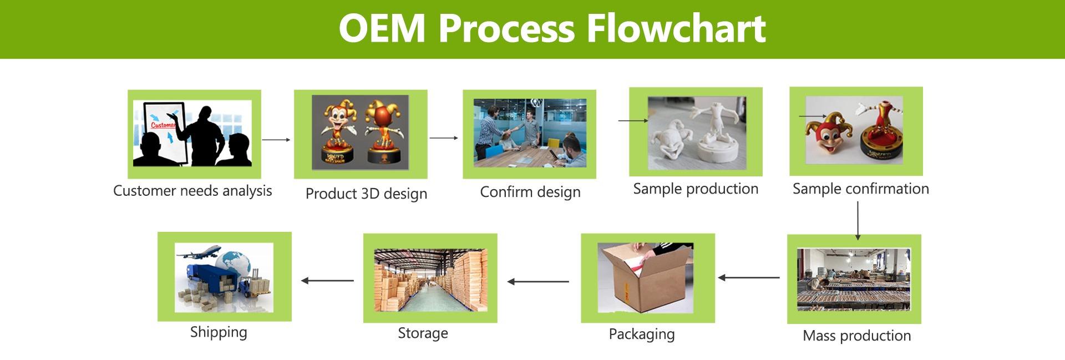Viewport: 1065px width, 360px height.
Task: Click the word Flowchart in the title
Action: [676, 28]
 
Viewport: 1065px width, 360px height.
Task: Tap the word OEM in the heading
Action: [382, 28]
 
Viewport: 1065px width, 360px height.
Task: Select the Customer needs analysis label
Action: [192, 191]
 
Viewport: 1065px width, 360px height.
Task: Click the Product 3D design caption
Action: [366, 194]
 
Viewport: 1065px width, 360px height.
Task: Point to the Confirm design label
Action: [530, 192]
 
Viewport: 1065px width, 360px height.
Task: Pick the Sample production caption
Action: [696, 189]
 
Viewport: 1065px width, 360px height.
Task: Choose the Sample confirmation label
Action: [860, 189]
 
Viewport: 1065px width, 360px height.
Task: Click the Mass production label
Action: [856, 336]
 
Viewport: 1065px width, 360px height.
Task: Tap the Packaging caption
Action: [642, 334]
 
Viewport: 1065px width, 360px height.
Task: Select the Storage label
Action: [423, 333]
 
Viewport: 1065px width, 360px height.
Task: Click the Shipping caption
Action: [219, 332]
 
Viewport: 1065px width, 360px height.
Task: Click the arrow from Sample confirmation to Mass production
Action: [858, 221]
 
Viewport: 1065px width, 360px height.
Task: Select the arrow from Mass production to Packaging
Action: [749, 277]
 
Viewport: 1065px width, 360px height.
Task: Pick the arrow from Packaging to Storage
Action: [538, 282]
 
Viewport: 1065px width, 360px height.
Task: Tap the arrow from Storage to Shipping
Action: [328, 281]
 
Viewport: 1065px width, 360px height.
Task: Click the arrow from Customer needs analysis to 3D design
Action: [276, 140]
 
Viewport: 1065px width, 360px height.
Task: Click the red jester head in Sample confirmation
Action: [825, 135]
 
